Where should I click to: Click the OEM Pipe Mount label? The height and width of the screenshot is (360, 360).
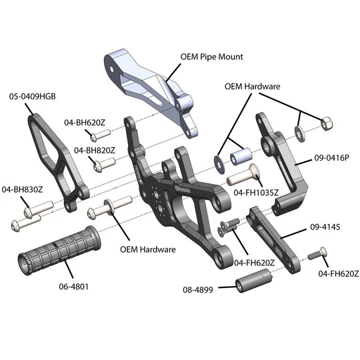pyautogui.click(x=211, y=57)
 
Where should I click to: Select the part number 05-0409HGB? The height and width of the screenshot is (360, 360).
pyautogui.click(x=33, y=97)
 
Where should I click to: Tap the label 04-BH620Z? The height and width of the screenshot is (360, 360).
pyautogui.click(x=85, y=123)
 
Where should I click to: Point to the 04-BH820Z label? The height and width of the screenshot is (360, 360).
pyautogui.click(x=95, y=151)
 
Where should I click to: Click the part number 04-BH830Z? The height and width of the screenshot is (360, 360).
pyautogui.click(x=22, y=189)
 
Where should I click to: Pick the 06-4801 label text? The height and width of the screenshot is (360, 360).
pyautogui.click(x=74, y=287)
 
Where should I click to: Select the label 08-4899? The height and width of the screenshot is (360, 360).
pyautogui.click(x=198, y=290)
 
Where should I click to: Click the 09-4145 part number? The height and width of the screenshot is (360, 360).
pyautogui.click(x=325, y=227)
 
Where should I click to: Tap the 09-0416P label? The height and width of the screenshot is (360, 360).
pyautogui.click(x=331, y=158)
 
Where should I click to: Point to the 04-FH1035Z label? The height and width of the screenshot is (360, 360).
pyautogui.click(x=256, y=193)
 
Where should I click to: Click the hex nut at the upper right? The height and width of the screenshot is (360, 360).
pyautogui.click(x=326, y=124)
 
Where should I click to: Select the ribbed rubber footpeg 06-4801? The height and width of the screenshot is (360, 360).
pyautogui.click(x=59, y=250)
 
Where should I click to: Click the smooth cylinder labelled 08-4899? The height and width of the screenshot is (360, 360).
pyautogui.click(x=254, y=280)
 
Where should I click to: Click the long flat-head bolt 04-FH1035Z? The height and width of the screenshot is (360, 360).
pyautogui.click(x=243, y=175)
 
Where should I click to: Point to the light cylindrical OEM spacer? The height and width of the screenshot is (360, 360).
pyautogui.click(x=241, y=157)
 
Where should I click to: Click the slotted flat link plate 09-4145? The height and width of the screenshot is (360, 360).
pyautogui.click(x=273, y=239)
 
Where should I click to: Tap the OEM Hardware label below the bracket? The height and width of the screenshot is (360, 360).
pyautogui.click(x=148, y=249)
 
